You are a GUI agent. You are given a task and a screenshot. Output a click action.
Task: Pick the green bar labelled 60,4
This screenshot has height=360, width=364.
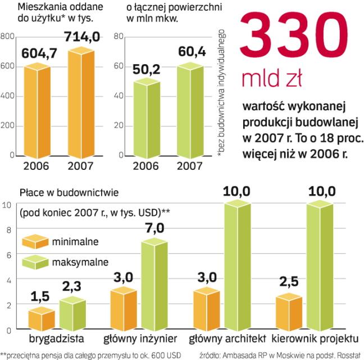tap(189, 110)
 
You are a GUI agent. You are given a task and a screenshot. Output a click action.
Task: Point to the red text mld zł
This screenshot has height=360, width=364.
tap(271, 78)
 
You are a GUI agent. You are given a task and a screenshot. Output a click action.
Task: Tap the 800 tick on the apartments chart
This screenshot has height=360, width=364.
tap(7, 37)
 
